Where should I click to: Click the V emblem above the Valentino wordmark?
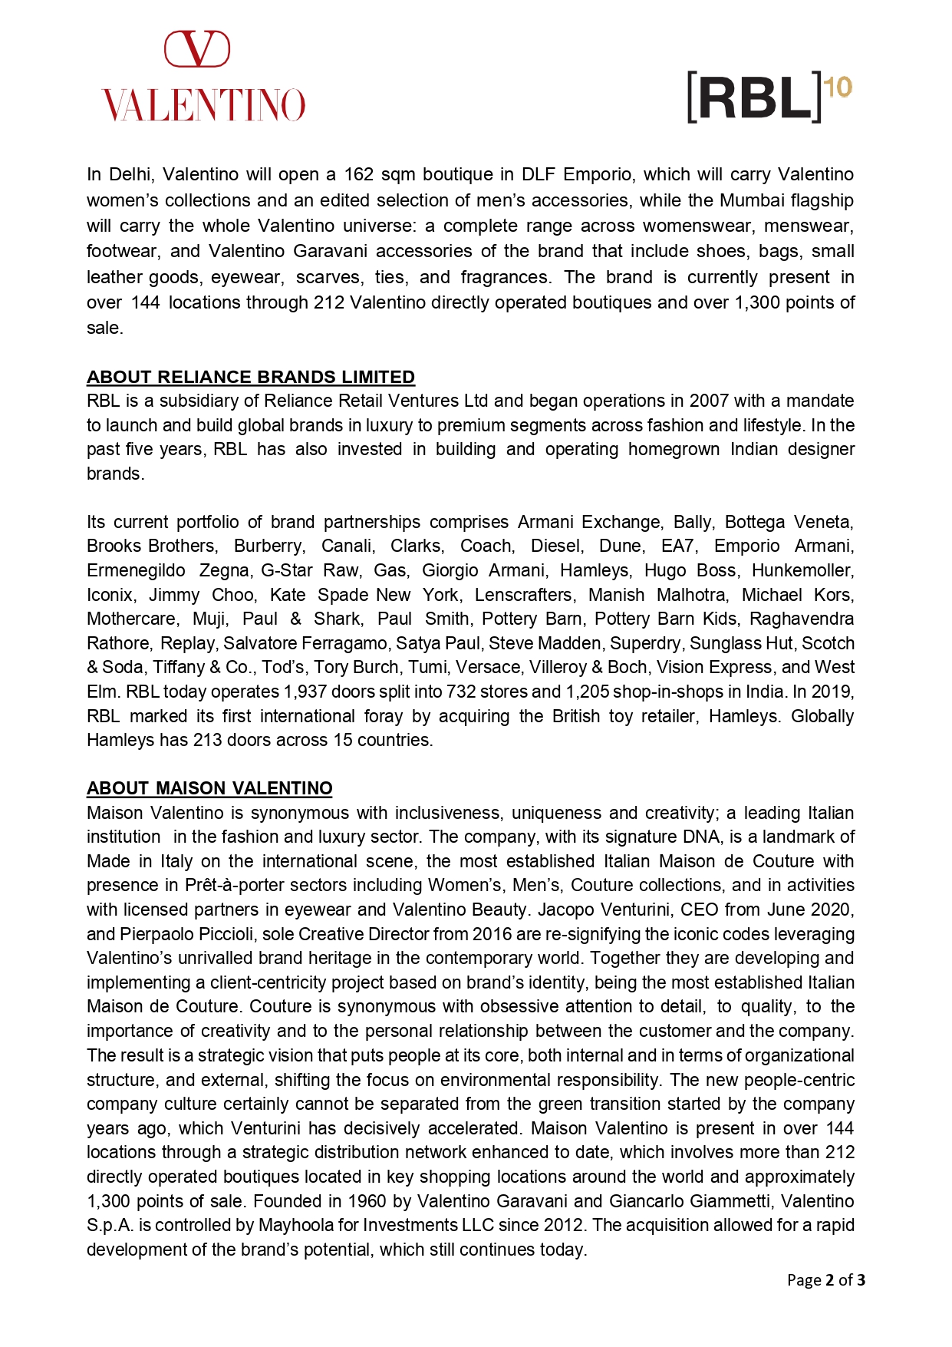197,49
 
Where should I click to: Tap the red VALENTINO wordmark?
203,105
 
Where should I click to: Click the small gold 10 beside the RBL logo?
838,87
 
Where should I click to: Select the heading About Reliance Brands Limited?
251,377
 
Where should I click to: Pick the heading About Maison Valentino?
209,788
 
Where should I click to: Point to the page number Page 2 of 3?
826,1279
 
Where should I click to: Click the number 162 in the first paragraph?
358,174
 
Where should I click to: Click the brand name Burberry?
269,546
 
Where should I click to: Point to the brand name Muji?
209,619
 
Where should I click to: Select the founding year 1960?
367,1200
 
